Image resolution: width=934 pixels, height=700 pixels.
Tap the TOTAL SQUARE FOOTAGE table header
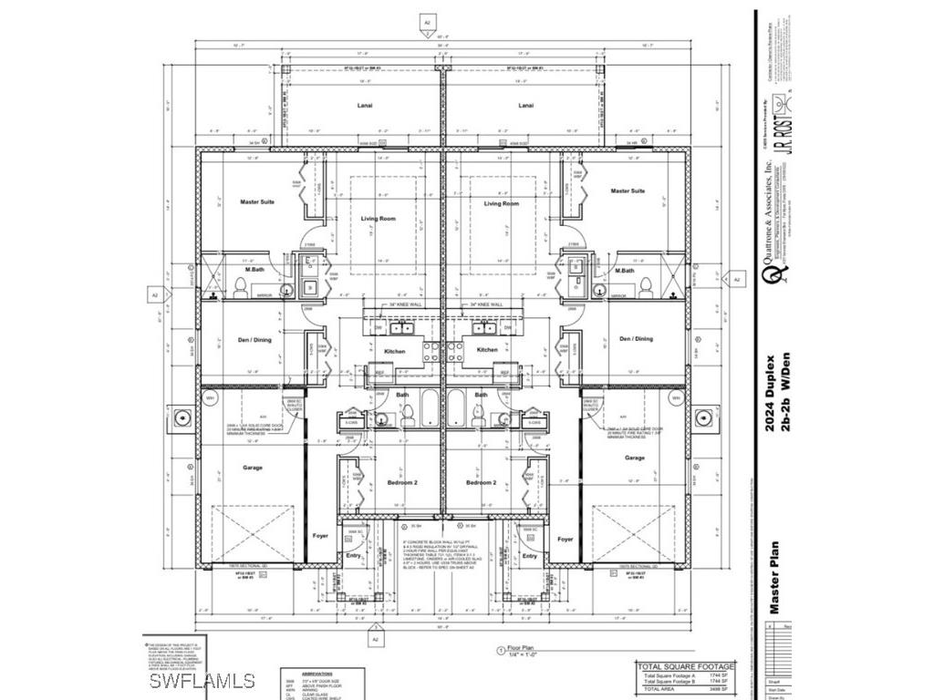coord(686,667)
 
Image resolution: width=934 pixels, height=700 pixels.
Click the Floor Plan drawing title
coord(527,651)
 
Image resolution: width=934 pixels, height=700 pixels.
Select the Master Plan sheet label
coord(772,577)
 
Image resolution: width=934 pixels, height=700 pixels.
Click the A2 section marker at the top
coord(426,20)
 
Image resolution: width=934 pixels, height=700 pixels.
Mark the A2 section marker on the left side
coord(154,294)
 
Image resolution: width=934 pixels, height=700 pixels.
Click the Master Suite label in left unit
coord(257,201)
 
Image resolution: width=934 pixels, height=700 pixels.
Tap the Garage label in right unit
coord(635,458)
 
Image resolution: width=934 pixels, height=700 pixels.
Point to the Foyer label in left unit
coord(320,538)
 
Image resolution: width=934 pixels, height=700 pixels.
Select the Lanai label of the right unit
coord(525,106)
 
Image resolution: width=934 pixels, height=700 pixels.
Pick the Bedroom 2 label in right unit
coord(481,482)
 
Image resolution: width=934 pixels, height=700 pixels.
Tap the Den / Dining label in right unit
coord(636,339)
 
